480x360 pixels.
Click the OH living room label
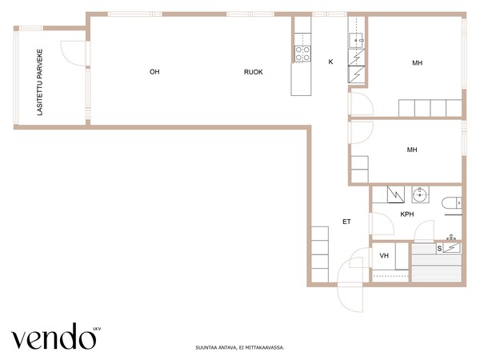pos(154,72)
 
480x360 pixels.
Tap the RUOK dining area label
pos(253,72)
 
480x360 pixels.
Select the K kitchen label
pos(330,62)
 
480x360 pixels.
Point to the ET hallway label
pos(346,222)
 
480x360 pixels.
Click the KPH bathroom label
pos(407,214)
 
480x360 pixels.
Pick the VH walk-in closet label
pos(384,255)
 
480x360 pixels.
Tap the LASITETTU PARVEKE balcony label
pos(39,82)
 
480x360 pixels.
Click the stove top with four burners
pos(302,54)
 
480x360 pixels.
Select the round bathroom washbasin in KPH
pos(420,194)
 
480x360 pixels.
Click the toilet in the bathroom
pos(451,203)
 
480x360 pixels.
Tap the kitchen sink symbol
pos(356,41)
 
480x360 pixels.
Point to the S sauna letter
pos(439,249)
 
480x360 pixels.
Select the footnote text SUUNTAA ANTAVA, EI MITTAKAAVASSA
pos(240,347)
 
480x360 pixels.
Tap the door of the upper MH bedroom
pos(362,104)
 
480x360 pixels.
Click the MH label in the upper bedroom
pos(418,62)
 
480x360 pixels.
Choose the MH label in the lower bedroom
pos(412,150)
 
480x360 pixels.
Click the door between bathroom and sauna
pos(424,231)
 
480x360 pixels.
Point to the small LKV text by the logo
pos(97,329)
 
